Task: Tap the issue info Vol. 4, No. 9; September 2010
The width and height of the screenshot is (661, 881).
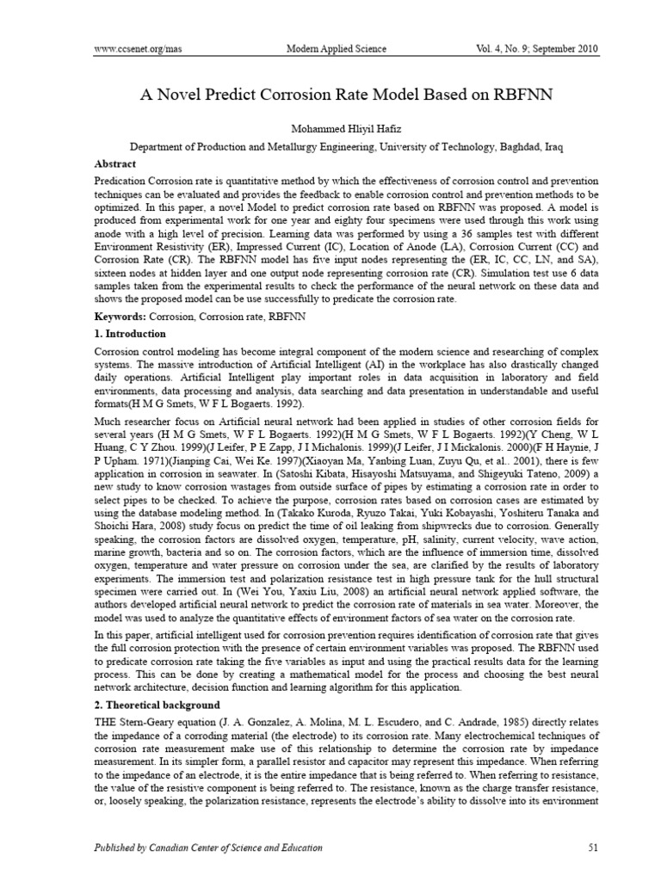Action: [535, 49]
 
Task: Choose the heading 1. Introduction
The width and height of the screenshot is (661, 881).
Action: [129, 334]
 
